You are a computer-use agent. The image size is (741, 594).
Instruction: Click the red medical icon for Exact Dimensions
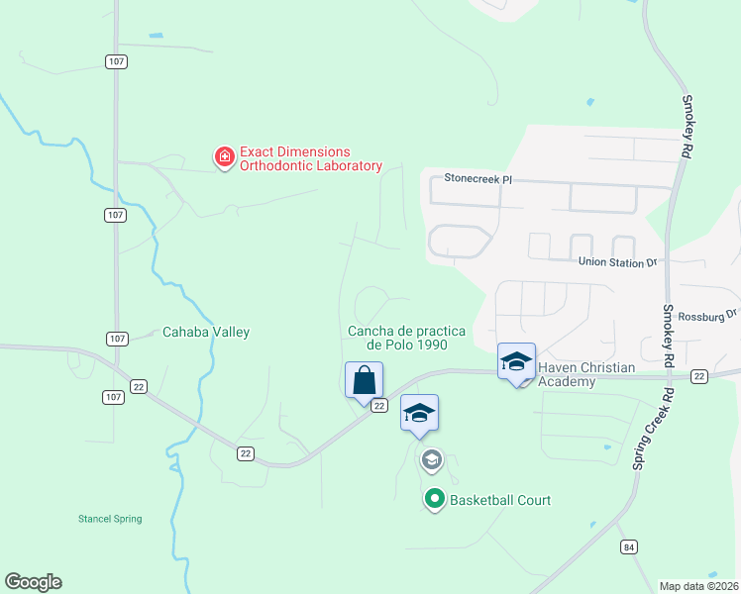pyautogui.click(x=225, y=156)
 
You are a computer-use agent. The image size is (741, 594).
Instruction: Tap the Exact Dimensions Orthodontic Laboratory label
pyautogui.click(x=310, y=158)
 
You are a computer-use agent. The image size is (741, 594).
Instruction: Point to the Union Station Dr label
pyautogui.click(x=618, y=262)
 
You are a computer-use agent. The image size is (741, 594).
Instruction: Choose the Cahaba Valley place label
pyautogui.click(x=206, y=333)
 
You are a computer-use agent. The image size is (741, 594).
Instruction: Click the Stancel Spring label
pyautogui.click(x=110, y=519)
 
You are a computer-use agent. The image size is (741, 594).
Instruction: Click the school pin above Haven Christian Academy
pyautogui.click(x=516, y=362)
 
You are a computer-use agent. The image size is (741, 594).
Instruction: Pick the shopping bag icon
pyautogui.click(x=364, y=380)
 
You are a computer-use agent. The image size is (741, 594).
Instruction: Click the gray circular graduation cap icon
pyautogui.click(x=431, y=459)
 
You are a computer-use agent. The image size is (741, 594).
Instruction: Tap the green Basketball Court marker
pyautogui.click(x=434, y=500)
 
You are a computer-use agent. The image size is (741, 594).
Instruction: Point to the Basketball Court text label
pyautogui.click(x=500, y=500)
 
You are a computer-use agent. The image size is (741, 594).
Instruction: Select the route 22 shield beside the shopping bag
pyautogui.click(x=378, y=406)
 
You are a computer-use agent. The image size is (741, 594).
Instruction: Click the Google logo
pyautogui.click(x=33, y=582)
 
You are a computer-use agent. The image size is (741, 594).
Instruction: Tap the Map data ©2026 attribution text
pyautogui.click(x=698, y=586)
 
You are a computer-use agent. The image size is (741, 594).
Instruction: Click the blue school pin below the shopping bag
pyautogui.click(x=418, y=414)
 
